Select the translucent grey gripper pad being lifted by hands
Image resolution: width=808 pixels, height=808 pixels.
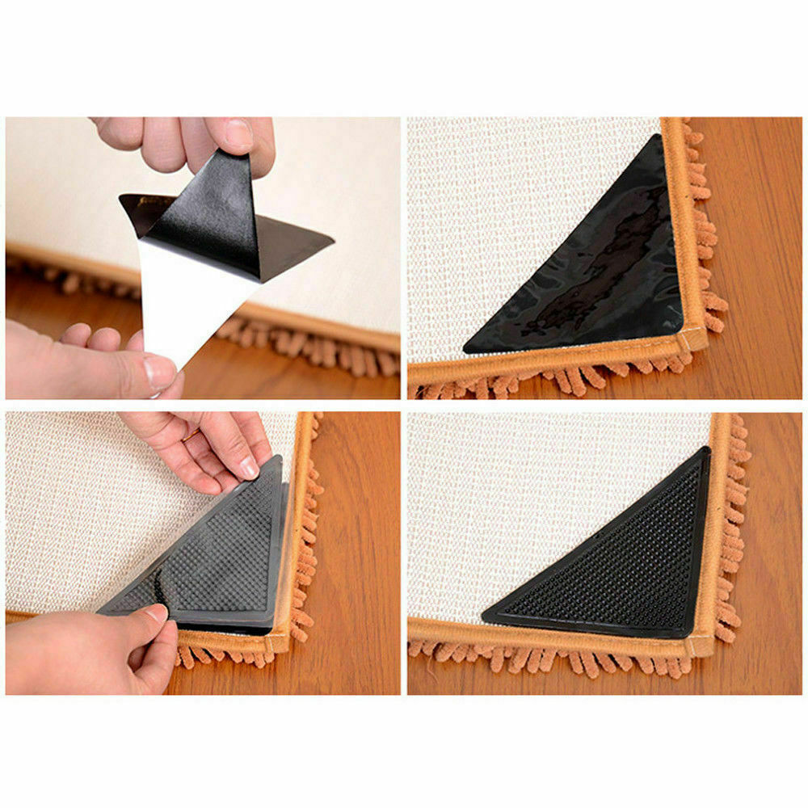(x=210, y=549)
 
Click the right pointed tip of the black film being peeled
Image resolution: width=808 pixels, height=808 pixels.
(x=331, y=239)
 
